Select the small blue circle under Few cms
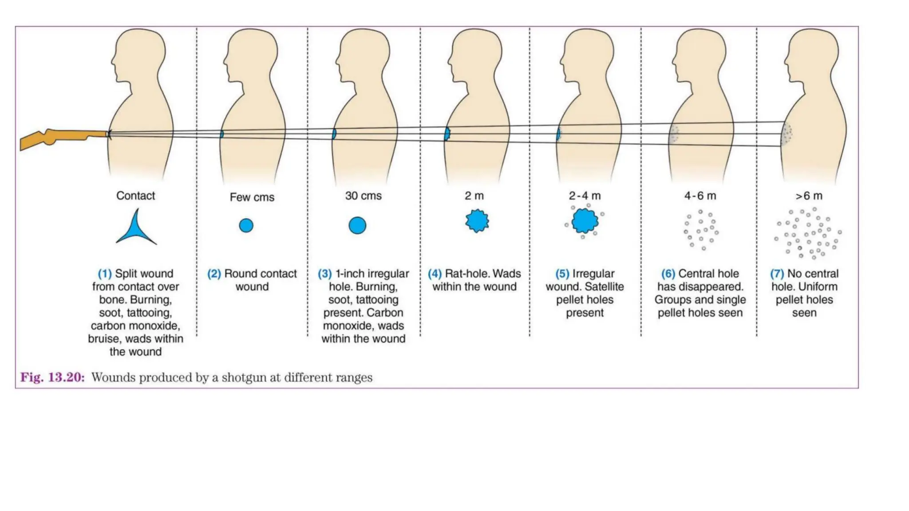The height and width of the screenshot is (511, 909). click(x=246, y=225)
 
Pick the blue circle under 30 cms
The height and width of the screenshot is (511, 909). click(x=357, y=225)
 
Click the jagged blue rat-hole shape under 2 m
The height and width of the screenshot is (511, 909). click(x=477, y=221)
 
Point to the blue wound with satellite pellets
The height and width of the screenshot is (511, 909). click(x=585, y=221)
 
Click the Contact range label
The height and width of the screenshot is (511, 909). click(x=136, y=196)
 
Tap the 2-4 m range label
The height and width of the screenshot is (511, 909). click(x=585, y=196)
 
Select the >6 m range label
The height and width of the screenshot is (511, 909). click(x=809, y=196)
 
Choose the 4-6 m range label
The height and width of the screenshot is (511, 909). click(x=700, y=196)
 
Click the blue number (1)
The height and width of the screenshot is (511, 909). click(x=105, y=274)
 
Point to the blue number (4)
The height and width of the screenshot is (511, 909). click(x=435, y=274)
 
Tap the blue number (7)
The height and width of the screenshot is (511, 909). click(x=777, y=274)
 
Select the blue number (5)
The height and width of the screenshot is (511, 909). click(x=562, y=274)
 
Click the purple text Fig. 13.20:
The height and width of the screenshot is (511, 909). click(x=52, y=377)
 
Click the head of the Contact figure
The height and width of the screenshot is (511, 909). click(x=138, y=55)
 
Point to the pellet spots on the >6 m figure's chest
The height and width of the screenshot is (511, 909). click(x=786, y=134)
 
